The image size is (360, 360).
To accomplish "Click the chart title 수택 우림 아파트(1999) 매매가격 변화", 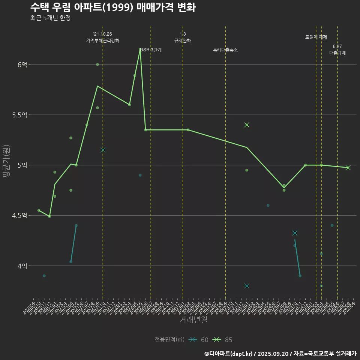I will click(x=112, y=7).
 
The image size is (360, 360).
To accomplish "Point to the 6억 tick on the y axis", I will click(x=22, y=64).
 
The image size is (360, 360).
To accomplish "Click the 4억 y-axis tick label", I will click(x=22, y=266).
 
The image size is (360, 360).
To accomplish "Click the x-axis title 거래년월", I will click(x=193, y=320).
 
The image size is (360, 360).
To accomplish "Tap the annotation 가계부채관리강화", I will click(x=103, y=40).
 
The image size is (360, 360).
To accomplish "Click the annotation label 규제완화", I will click(x=183, y=40).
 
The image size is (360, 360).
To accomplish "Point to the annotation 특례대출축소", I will click(x=225, y=50).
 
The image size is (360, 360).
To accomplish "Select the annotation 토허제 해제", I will click(x=316, y=37).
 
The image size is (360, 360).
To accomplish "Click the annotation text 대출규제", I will click(x=337, y=53).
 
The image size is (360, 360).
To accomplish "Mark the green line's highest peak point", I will click(x=140, y=49).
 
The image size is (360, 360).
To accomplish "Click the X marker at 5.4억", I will click(x=247, y=125).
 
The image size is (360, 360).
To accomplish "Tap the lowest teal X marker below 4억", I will click(x=247, y=286).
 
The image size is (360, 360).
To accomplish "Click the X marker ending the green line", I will click(x=348, y=168).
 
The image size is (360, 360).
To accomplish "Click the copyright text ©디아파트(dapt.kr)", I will click(x=229, y=354).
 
